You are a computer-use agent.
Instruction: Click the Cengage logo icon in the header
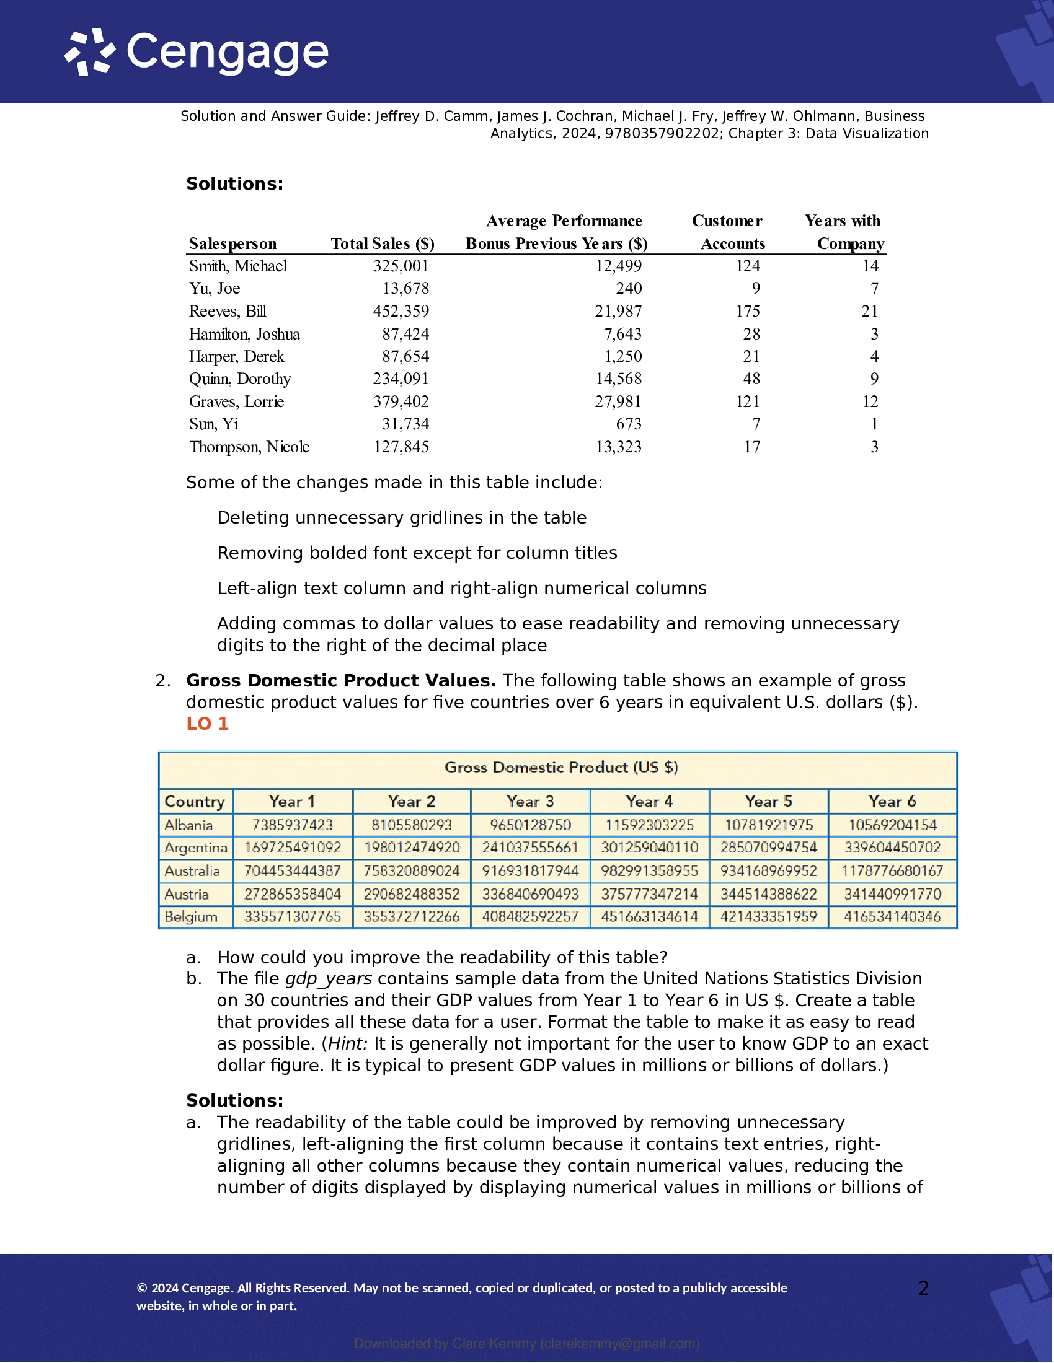tap(90, 52)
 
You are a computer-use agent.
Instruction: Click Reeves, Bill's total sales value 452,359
tap(401, 311)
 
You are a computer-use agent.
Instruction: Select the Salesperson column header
tap(232, 243)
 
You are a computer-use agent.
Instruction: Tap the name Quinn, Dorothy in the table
tap(241, 379)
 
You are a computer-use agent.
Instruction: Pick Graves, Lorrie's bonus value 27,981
tap(618, 401)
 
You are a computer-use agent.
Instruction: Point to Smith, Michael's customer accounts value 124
tap(748, 266)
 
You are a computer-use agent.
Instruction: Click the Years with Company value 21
tap(870, 311)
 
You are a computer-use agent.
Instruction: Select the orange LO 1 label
tap(207, 724)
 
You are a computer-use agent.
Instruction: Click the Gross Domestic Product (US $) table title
tap(560, 768)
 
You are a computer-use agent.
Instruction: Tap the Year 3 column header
tap(530, 801)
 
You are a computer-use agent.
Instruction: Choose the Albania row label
tap(188, 825)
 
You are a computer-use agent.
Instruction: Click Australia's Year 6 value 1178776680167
tap(892, 870)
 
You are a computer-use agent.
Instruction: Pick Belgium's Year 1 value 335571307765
tap(293, 917)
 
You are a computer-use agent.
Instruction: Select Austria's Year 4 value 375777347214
tap(649, 893)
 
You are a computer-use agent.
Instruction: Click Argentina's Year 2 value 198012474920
tap(412, 848)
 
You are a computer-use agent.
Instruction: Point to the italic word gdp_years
tap(329, 978)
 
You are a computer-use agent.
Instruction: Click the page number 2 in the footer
tap(924, 1288)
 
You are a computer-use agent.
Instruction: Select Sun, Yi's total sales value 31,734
tap(405, 424)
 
